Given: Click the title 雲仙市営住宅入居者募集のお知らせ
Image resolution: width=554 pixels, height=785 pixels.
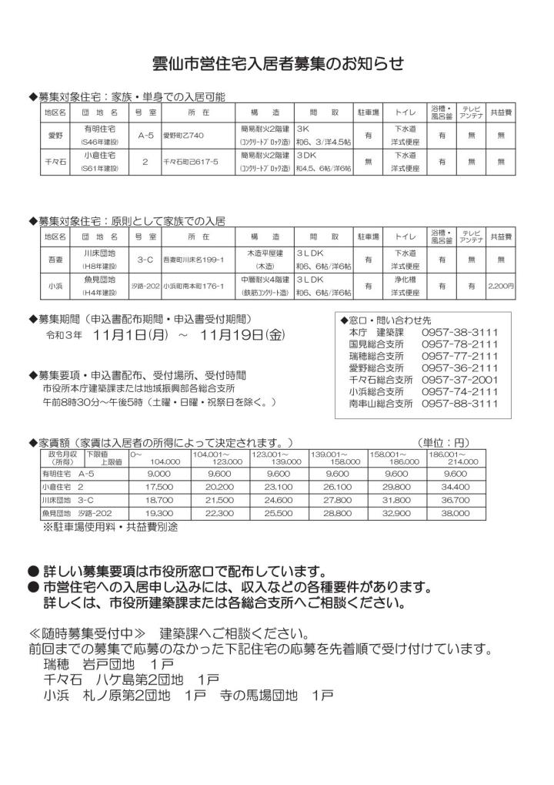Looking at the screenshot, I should point(276,63).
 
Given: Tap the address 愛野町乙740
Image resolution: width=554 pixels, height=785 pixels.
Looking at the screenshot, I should point(183,136).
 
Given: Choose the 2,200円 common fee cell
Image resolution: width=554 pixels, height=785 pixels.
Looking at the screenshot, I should point(501,286).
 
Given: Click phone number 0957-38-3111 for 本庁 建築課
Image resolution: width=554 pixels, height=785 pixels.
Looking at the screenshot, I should point(459,332).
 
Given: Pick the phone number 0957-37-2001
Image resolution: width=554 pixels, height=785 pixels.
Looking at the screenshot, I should point(459,380).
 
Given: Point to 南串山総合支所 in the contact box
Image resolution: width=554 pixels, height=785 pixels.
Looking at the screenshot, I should point(381,403).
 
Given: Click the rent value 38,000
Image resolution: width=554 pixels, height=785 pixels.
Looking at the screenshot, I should point(456,512).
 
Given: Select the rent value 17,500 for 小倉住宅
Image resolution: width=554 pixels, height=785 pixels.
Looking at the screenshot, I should point(158,488).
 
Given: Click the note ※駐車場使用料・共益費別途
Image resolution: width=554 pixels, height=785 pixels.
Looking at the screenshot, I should point(111,527).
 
